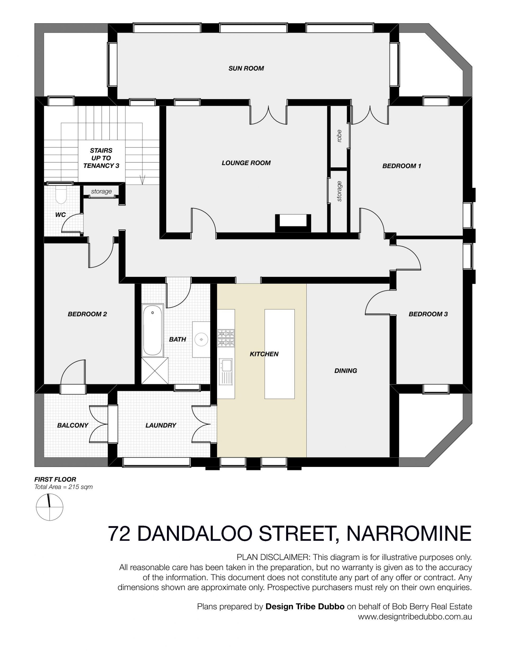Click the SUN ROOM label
point(246,68)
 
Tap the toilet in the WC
point(61,194)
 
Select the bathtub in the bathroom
point(152,330)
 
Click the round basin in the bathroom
point(202,340)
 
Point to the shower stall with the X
point(155,371)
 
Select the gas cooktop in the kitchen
point(226,338)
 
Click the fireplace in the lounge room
point(293,223)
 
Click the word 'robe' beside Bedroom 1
point(339,136)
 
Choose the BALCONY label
point(73,425)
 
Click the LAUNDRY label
point(161,425)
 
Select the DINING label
point(346,370)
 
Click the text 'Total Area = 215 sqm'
point(63,487)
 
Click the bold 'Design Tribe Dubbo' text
point(305,606)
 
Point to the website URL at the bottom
point(415,617)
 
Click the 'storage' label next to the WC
point(101,191)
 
